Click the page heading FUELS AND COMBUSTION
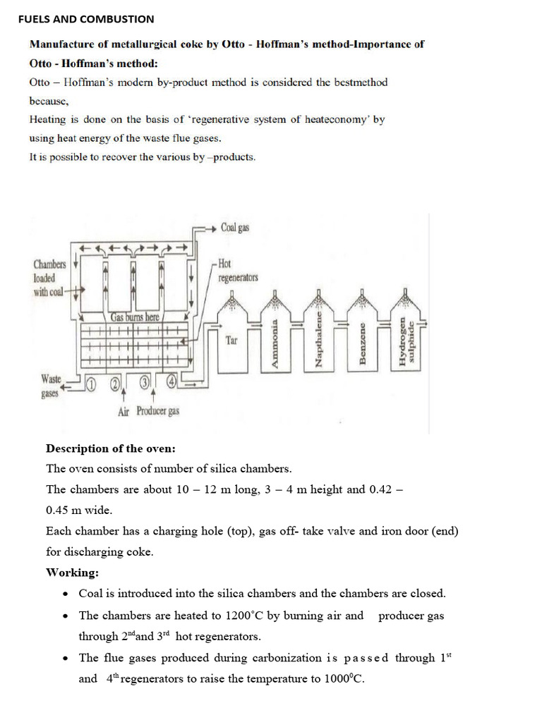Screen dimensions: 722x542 pos(85,19)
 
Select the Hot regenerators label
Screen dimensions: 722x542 pos(238,271)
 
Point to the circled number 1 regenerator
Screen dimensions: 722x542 pos(91,383)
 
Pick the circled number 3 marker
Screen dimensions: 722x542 pos(145,383)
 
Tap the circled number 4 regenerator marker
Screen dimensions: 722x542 pos(171,383)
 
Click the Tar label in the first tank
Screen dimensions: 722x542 pos(231,341)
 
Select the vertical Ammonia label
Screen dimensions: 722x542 pos(275,343)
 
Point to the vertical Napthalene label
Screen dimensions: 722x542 pos(318,343)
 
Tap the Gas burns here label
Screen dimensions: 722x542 pos(136,317)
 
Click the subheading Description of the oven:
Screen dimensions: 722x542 pos(111,448)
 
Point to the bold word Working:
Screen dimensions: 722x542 pos(73,572)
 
